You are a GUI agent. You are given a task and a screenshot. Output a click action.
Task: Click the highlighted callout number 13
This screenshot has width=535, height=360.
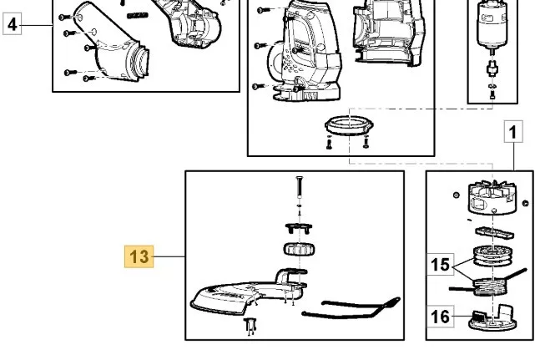(x=139, y=256)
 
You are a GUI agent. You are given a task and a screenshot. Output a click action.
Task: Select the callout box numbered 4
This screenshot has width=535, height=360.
(x=13, y=24)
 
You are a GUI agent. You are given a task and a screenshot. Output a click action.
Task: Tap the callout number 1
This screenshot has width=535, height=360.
(x=513, y=131)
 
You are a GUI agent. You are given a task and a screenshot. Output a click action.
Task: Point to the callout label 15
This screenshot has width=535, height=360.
(x=440, y=265)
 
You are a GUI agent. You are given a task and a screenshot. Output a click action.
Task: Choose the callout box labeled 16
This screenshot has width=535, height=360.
(x=440, y=317)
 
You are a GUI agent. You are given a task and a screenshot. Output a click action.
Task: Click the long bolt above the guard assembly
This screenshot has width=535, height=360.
(x=300, y=187)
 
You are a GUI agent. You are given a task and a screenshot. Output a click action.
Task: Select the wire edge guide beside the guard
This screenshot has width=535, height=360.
(x=351, y=308)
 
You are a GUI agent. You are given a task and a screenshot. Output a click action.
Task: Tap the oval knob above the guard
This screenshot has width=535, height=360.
(x=299, y=250)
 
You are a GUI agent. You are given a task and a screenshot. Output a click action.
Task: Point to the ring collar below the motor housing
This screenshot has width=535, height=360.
(x=349, y=125)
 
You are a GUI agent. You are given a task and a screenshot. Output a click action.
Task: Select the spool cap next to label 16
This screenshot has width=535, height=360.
(x=492, y=319)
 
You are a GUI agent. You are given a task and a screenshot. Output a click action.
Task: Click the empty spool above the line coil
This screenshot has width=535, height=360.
(x=492, y=255)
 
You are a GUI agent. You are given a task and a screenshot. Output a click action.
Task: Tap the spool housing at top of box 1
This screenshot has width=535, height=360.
(x=492, y=198)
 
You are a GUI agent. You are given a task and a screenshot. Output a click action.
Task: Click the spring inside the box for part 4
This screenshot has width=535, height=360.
(x=138, y=15)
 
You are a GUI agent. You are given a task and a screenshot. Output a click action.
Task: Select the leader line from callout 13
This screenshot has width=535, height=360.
(x=169, y=256)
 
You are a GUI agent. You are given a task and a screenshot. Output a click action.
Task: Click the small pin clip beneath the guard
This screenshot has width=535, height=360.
(x=250, y=326)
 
